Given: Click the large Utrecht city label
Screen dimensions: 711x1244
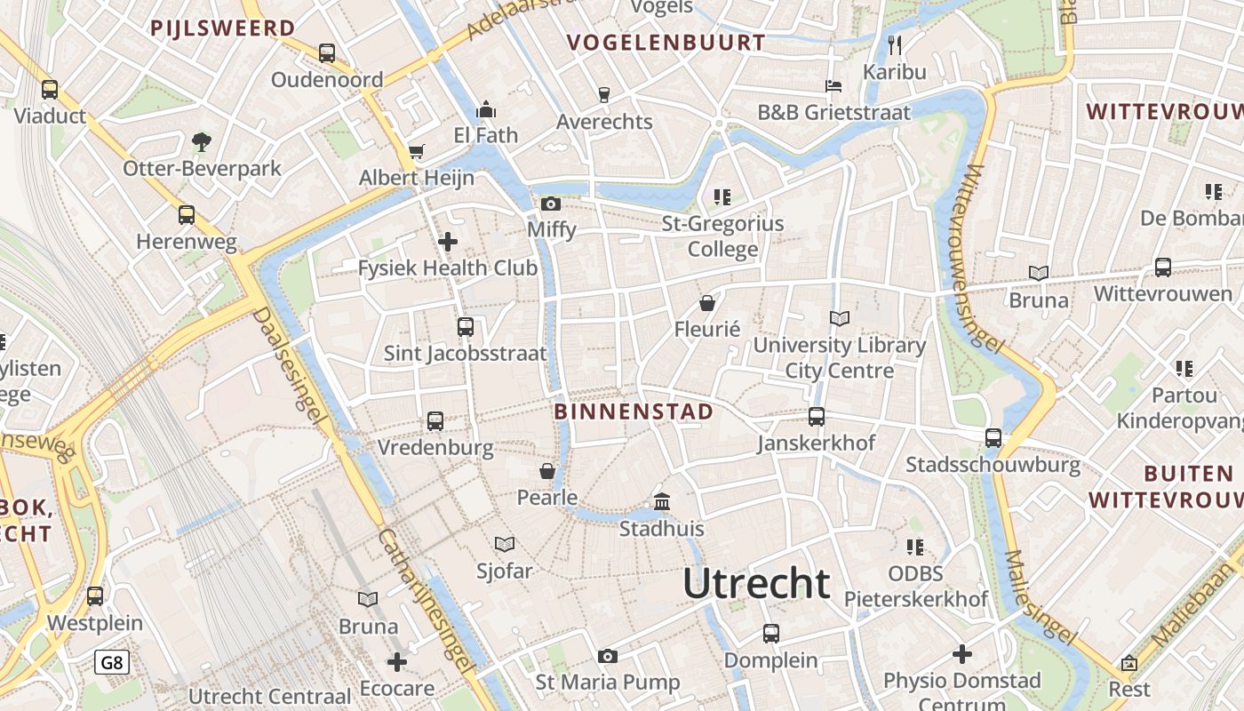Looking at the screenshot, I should click(x=756, y=584).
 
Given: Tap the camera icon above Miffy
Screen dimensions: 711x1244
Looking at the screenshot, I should click(x=551, y=204).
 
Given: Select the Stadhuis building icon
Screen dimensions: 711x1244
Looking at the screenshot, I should click(x=662, y=502).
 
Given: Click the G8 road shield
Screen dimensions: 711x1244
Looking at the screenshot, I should click(x=112, y=662).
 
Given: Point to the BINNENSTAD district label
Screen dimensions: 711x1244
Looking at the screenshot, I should click(x=634, y=411).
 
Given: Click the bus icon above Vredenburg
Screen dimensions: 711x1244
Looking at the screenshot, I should click(x=435, y=421).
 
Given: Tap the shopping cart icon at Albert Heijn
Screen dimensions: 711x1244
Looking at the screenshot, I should click(x=416, y=152).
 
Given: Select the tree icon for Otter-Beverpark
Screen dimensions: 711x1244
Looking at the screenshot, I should click(x=202, y=141).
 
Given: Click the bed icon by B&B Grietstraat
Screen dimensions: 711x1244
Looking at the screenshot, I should click(x=833, y=86).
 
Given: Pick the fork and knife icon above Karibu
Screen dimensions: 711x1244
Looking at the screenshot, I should click(x=895, y=44).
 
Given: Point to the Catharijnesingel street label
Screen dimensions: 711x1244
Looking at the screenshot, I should click(x=425, y=600).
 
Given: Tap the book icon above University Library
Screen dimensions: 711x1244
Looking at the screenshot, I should click(x=840, y=318).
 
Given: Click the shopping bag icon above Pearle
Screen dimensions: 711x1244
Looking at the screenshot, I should click(x=547, y=471).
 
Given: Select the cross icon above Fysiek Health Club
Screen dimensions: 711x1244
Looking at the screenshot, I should click(x=448, y=241).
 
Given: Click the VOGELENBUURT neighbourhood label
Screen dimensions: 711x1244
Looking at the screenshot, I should click(x=666, y=43).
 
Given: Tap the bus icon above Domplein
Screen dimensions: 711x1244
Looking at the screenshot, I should click(x=771, y=634).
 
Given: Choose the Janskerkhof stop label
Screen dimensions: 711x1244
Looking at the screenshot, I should click(x=816, y=443).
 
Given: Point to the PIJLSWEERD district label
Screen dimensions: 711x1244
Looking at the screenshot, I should click(x=222, y=28).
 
